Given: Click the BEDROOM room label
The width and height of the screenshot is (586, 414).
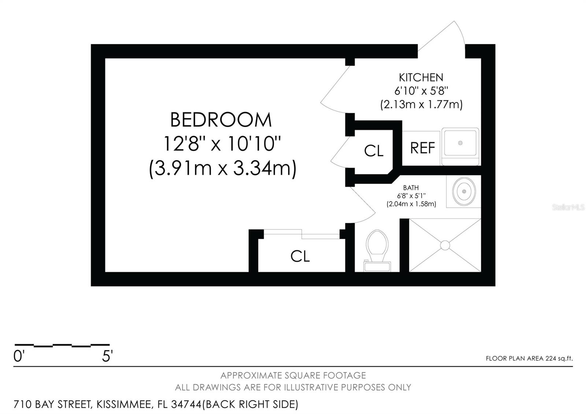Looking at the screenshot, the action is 221,120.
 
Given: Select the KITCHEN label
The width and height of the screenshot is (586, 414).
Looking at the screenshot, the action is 421,77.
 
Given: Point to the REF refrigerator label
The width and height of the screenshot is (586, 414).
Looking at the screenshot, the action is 423,148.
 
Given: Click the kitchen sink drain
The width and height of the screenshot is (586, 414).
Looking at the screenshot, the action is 460,143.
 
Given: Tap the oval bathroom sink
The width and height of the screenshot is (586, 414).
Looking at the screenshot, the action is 464,192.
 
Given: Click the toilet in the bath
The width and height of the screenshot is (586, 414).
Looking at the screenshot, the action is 377,250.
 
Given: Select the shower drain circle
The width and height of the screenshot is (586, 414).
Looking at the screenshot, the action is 445,245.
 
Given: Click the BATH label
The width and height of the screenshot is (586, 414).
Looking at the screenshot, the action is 411,188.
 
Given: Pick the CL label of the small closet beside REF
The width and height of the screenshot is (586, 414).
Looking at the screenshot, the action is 374,151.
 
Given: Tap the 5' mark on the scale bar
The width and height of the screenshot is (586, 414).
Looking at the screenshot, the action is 107,356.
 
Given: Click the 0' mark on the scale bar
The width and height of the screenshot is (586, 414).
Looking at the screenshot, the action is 19,356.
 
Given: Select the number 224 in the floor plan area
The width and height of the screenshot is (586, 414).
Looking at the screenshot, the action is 551,358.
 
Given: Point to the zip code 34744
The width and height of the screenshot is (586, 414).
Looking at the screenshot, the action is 186,404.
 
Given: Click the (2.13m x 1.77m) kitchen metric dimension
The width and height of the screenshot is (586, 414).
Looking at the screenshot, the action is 421,104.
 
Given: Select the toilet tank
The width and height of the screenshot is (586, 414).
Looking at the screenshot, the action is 377,266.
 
